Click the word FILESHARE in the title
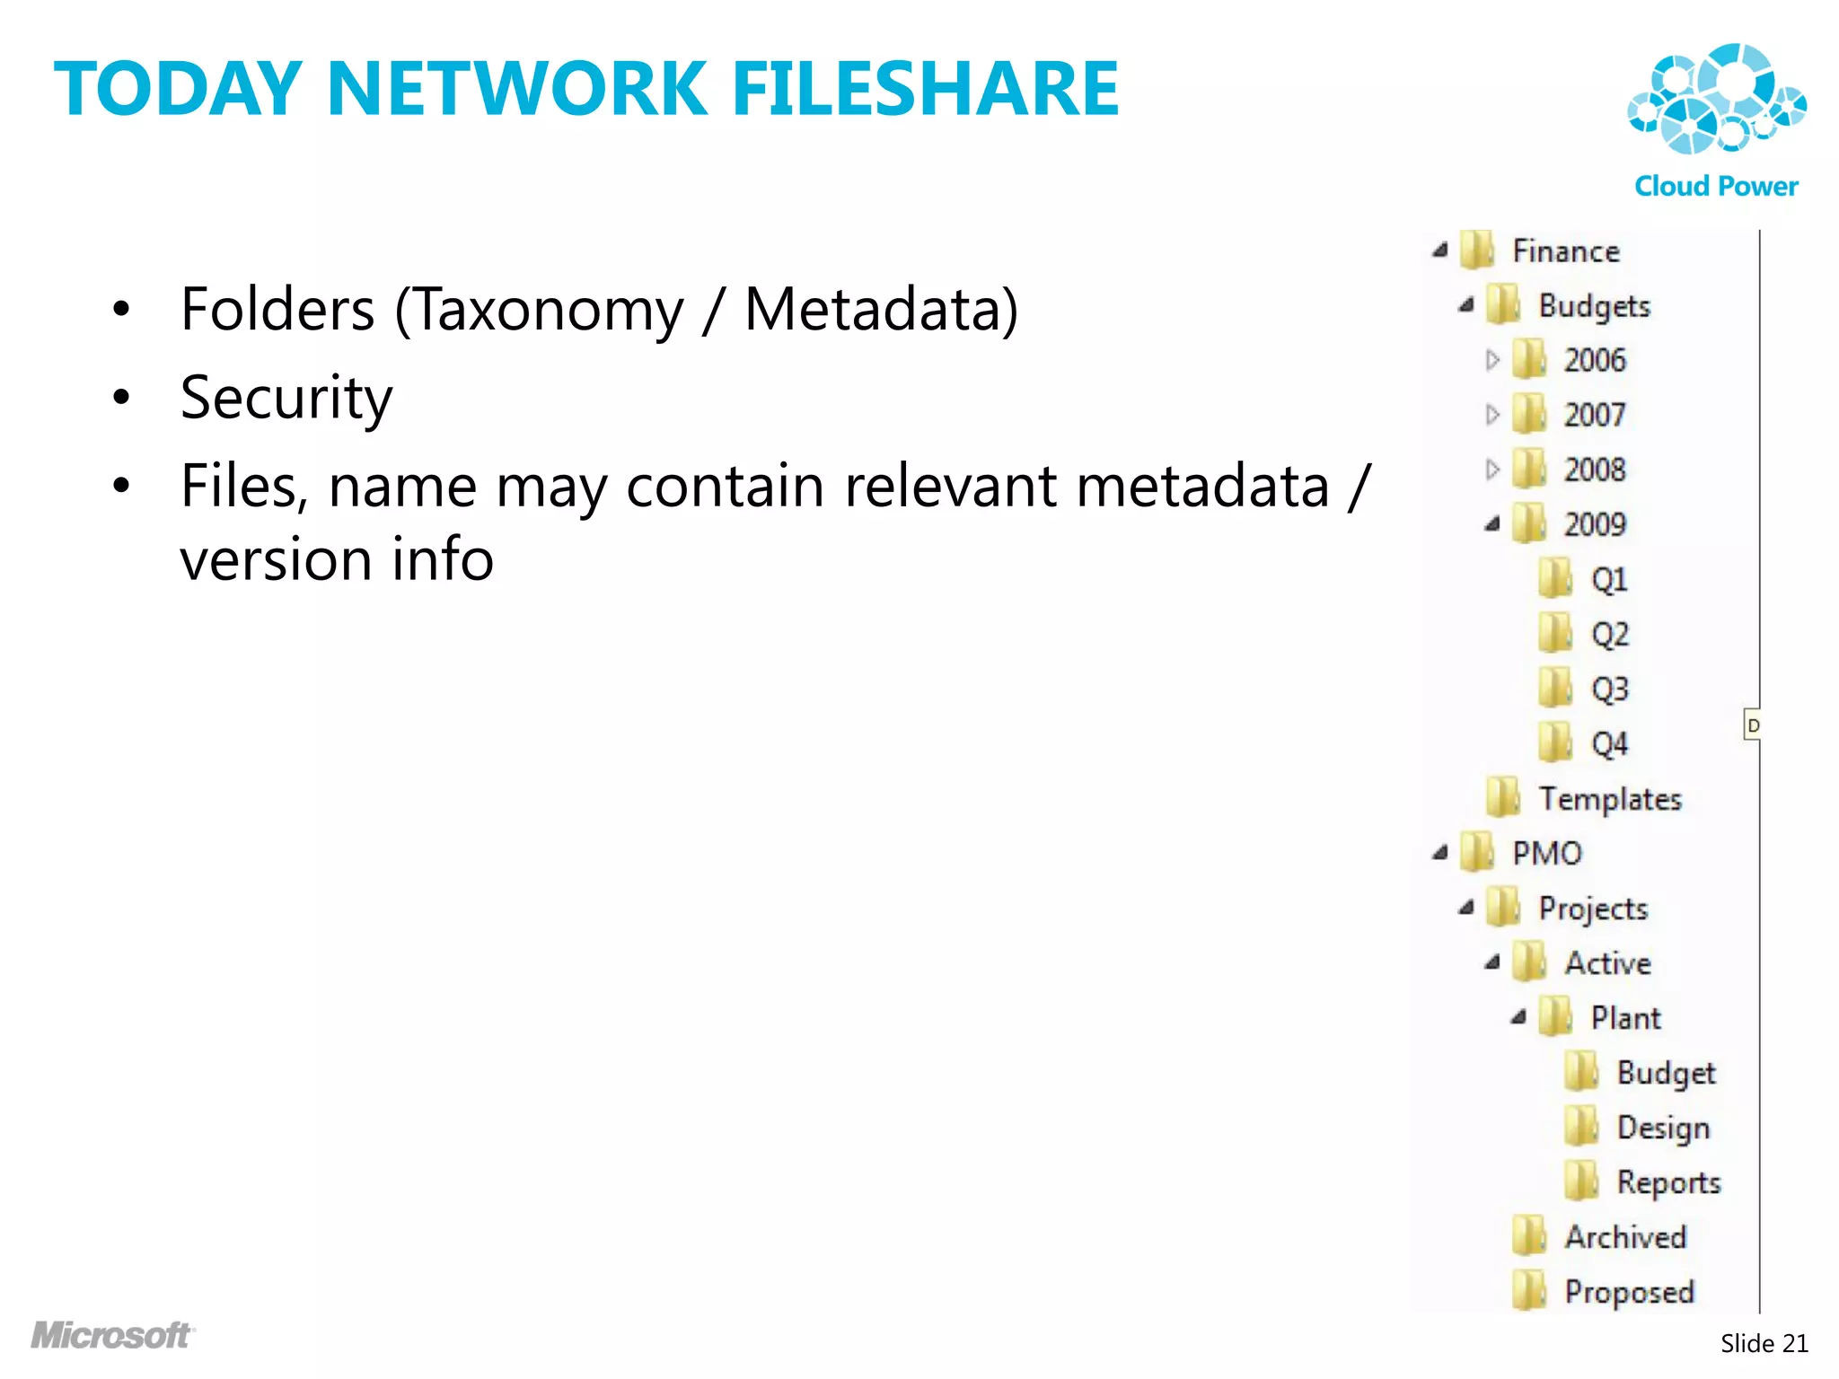pyautogui.click(x=925, y=89)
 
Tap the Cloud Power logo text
pyautogui.click(x=1716, y=186)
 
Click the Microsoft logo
pyautogui.click(x=112, y=1335)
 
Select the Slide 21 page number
pyautogui.click(x=1764, y=1343)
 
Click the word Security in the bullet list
pyautogui.click(x=286, y=398)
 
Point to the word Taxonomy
pyautogui.click(x=549, y=310)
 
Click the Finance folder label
pyautogui.click(x=1566, y=251)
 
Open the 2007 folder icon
pyautogui.click(x=1528, y=415)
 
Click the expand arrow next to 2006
pyautogui.click(x=1492, y=360)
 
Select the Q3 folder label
pyautogui.click(x=1609, y=689)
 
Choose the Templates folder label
pyautogui.click(x=1610, y=799)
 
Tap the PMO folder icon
pyautogui.click(x=1476, y=853)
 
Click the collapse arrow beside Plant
pyautogui.click(x=1518, y=1017)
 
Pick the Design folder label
pyautogui.click(x=1663, y=1129)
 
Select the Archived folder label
pyautogui.click(x=1625, y=1237)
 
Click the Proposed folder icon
pyautogui.click(x=1528, y=1292)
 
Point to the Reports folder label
pyautogui.click(x=1668, y=1183)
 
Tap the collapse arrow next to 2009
pyautogui.click(x=1492, y=524)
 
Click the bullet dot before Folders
pyautogui.click(x=121, y=311)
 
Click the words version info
pyautogui.click(x=337, y=559)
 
